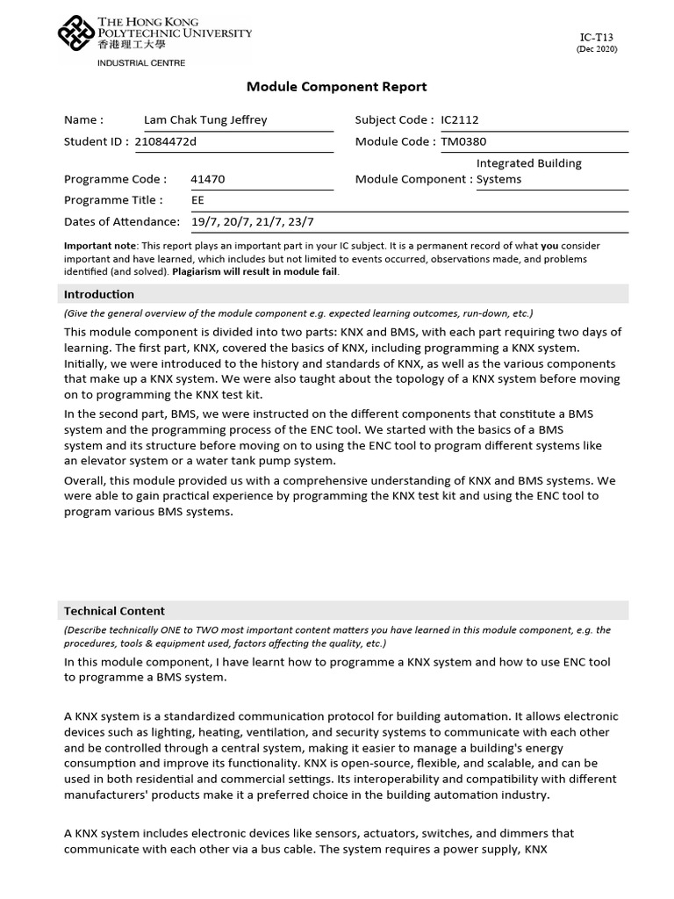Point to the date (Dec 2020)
(x=596, y=49)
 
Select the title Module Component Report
(x=336, y=86)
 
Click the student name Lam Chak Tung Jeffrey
(x=205, y=120)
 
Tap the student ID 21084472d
(x=167, y=141)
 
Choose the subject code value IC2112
(x=460, y=120)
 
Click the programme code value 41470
(x=208, y=179)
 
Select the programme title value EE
(x=197, y=200)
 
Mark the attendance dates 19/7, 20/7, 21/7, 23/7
(x=252, y=222)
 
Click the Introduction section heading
(x=99, y=294)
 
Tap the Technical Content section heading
(x=114, y=611)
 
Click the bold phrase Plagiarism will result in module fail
(x=255, y=272)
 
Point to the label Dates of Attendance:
(x=122, y=222)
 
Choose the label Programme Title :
(x=113, y=200)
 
